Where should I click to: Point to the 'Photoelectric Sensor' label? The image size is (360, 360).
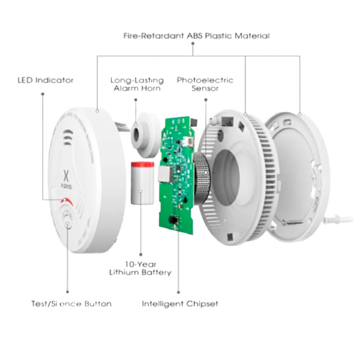coord(205,84)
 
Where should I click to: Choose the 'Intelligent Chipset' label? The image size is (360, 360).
coord(180,304)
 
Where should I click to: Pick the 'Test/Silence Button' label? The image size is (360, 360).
coord(71,304)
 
